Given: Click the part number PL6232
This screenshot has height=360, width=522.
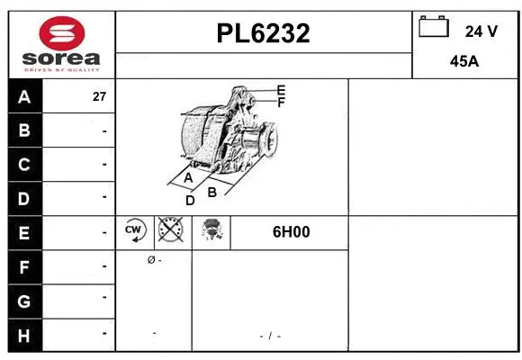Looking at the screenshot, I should click(264, 33).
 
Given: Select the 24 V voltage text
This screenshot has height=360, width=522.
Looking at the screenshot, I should click(481, 31).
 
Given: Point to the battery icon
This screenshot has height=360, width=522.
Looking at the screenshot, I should click(434, 28).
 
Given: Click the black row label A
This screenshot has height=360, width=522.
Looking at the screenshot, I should click(24, 96).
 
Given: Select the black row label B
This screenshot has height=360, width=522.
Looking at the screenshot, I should click(24, 130).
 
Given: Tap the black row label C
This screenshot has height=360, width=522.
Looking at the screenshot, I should click(24, 165).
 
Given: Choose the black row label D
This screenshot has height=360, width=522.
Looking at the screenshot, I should click(24, 198).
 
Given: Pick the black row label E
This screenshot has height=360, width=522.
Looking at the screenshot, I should click(24, 232).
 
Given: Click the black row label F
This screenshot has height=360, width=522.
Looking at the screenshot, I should click(24, 266).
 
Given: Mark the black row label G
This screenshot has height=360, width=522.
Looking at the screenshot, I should click(24, 300).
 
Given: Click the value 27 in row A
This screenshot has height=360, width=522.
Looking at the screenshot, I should click(100, 96).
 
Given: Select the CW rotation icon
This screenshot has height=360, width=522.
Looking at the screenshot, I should click(135, 231).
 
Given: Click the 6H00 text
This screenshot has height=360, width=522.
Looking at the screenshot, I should click(291, 232).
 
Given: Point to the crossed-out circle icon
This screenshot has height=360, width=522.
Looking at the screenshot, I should click(171, 231).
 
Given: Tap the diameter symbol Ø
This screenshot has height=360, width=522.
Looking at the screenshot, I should click(150, 260).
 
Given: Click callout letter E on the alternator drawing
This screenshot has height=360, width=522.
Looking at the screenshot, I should click(281, 90).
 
